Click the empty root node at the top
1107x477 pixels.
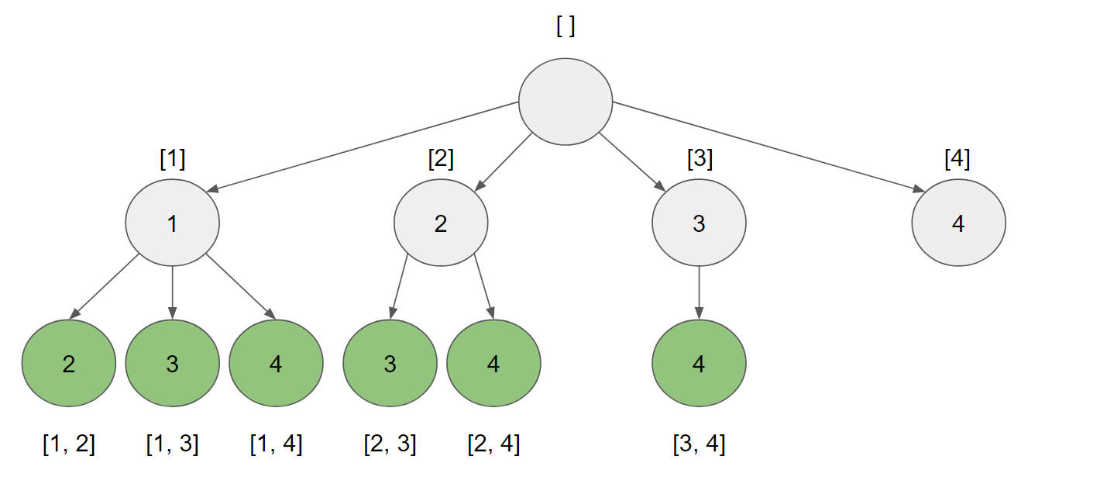click(566, 102)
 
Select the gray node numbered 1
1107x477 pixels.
click(172, 223)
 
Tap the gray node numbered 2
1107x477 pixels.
click(441, 223)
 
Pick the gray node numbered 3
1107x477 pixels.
click(699, 223)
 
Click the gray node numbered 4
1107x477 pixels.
click(958, 223)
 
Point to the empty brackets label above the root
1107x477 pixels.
click(566, 26)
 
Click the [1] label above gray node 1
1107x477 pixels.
click(172, 159)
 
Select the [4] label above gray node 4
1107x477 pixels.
click(957, 159)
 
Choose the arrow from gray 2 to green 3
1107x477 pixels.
click(399, 287)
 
